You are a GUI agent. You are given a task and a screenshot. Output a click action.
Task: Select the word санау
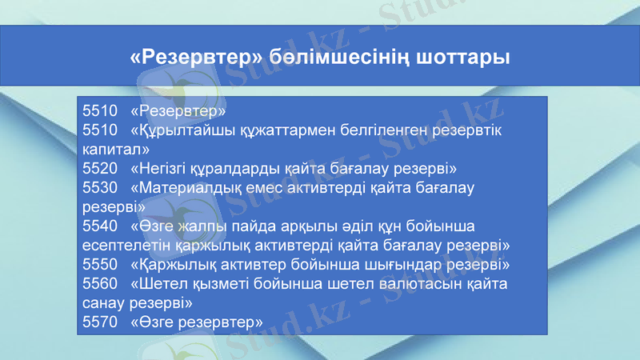(102, 303)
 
